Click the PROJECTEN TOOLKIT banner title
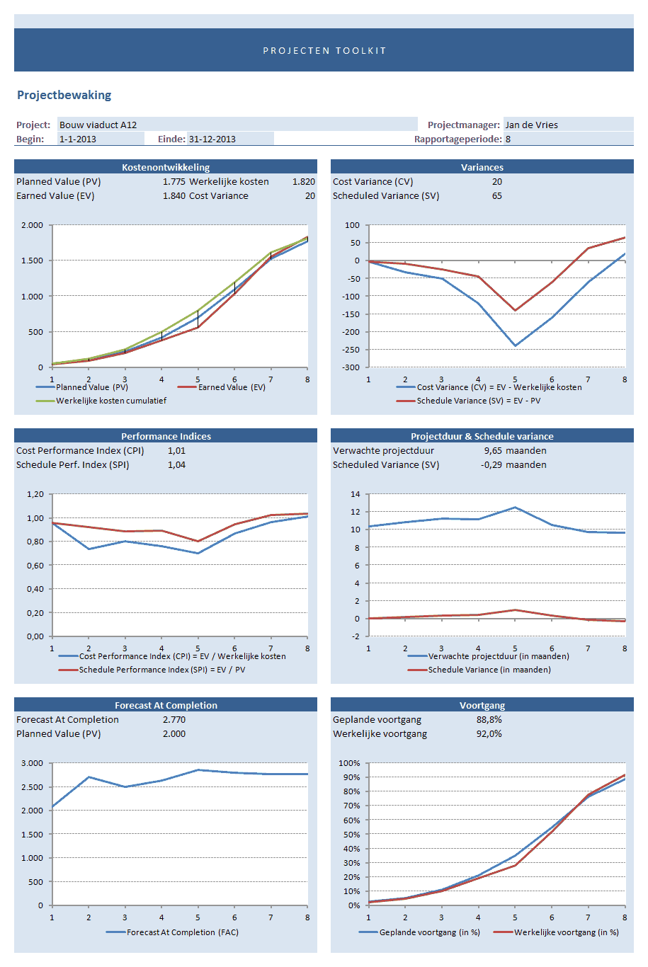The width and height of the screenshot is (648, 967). pos(324,50)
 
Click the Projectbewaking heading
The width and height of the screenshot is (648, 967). pos(64,95)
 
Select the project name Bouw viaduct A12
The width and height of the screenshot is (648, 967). pos(98,125)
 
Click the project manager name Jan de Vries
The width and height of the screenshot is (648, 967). pos(531,125)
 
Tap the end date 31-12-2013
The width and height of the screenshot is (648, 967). pos(212,139)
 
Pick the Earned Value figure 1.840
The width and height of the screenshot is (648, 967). pos(174,196)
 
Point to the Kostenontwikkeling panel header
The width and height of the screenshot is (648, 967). pos(166,167)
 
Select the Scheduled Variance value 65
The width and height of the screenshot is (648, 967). pos(496,196)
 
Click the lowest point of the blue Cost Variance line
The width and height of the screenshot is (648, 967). pos(515,345)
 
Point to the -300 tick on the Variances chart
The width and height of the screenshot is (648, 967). pos(352,367)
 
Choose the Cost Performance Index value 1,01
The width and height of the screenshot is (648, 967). pos(176,451)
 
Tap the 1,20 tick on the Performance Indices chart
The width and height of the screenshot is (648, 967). pos(35,494)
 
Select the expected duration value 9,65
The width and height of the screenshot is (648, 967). pos(493,451)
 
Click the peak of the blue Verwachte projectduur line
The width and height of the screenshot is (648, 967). pos(515,507)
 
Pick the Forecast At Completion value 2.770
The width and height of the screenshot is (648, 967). pos(174,720)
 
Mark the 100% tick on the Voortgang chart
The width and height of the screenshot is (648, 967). pos(349,763)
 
